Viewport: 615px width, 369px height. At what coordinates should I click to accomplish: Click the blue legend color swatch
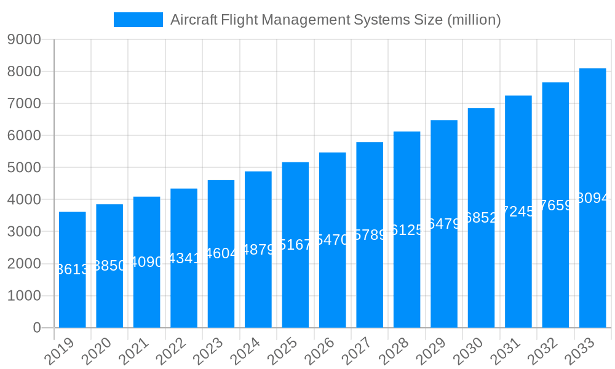point(138,20)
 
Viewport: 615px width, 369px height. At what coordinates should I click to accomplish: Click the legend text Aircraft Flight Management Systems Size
point(335,20)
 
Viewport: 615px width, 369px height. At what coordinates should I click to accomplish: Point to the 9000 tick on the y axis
point(24,40)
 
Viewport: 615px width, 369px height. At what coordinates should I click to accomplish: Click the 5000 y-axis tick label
point(24,168)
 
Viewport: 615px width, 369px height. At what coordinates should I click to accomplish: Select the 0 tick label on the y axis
point(36,328)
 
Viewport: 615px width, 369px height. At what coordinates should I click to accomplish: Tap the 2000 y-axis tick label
point(24,264)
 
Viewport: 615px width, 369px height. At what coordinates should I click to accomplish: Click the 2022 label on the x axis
point(172,352)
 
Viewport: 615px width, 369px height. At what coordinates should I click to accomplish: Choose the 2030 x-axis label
point(470,352)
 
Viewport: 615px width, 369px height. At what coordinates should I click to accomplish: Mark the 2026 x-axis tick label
point(321,352)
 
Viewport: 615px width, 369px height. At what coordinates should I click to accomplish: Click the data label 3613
point(73,269)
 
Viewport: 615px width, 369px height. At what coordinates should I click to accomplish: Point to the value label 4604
point(221,253)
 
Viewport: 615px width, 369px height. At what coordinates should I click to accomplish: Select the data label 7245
point(518,212)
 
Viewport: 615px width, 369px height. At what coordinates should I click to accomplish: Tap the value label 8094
point(593,198)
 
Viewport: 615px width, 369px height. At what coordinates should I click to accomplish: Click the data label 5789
point(370,235)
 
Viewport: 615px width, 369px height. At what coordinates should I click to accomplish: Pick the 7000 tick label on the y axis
point(24,104)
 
